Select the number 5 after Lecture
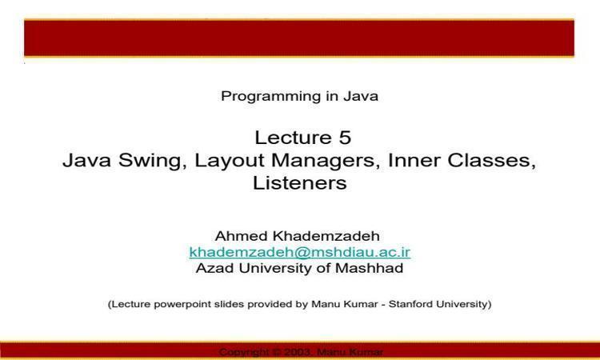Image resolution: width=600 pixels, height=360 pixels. [344, 138]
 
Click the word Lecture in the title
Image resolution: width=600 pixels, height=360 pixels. [293, 138]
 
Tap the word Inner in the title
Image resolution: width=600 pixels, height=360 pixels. [414, 160]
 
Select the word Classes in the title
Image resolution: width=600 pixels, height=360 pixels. [492, 161]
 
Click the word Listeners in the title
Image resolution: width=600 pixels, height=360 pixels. [300, 183]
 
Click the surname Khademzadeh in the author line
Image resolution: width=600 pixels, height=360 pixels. [326, 236]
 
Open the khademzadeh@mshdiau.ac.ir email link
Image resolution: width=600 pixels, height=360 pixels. [300, 253]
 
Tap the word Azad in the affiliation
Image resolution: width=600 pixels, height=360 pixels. [214, 268]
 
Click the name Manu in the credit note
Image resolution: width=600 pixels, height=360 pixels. [321, 305]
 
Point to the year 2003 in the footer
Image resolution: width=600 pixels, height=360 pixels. [297, 352]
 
